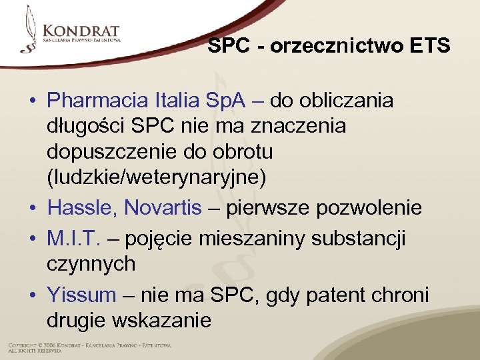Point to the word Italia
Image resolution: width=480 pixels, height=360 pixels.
click(x=179, y=101)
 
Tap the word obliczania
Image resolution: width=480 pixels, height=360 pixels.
click(x=344, y=101)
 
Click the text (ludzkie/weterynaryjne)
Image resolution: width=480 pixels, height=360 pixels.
click(x=157, y=178)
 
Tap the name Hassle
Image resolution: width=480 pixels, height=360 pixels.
click(x=81, y=208)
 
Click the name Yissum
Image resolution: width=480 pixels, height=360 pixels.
click(x=81, y=294)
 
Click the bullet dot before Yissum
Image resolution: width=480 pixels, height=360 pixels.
click(x=31, y=295)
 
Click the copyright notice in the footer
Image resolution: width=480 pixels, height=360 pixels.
click(x=89, y=347)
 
